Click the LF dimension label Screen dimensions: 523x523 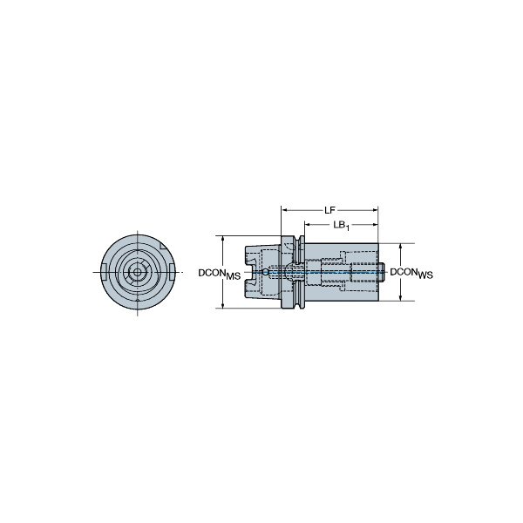[x=329, y=210]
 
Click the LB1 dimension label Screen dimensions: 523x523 [x=341, y=226]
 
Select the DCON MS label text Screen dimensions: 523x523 [x=219, y=274]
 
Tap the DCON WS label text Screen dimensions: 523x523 [x=411, y=273]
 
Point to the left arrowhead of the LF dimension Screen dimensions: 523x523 [x=284, y=210]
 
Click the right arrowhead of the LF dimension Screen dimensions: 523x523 [x=375, y=210]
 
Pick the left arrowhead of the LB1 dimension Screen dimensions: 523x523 [x=307, y=225]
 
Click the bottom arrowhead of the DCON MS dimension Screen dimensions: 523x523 [x=223, y=305]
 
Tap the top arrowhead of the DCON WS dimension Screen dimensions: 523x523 [x=401, y=247]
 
